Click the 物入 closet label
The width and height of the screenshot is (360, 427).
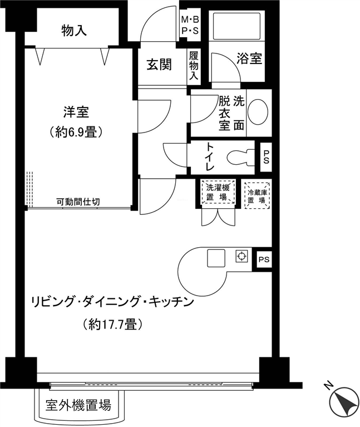[x=74, y=30]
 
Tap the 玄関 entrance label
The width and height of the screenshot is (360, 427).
[x=159, y=65]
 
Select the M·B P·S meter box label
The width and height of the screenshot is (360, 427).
[x=190, y=26]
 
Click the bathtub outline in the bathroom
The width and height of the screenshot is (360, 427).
[x=236, y=25]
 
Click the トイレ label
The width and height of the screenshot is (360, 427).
[x=210, y=156]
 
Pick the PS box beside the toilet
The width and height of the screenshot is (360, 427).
[x=266, y=158]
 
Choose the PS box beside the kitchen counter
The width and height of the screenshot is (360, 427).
[x=264, y=259]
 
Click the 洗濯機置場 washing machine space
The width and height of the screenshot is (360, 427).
[x=218, y=192]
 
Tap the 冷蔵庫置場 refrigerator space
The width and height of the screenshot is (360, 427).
[x=257, y=195]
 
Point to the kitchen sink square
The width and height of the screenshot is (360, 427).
[x=216, y=258]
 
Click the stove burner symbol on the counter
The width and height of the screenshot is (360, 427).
[x=241, y=256]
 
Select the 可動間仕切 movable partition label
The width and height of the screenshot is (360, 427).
[x=78, y=202]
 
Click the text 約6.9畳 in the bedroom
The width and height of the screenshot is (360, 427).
[x=76, y=132]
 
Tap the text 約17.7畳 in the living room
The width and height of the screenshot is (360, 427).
[x=112, y=324]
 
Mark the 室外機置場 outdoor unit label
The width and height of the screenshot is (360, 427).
[x=78, y=405]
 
